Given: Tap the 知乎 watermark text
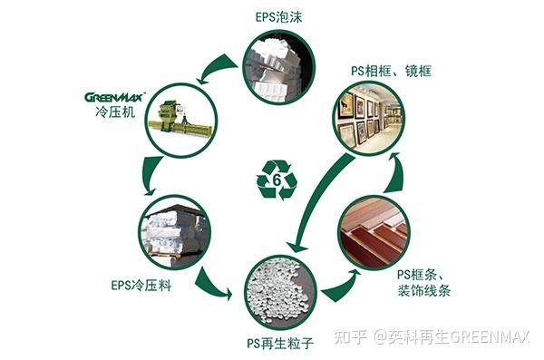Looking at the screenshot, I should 349,337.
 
